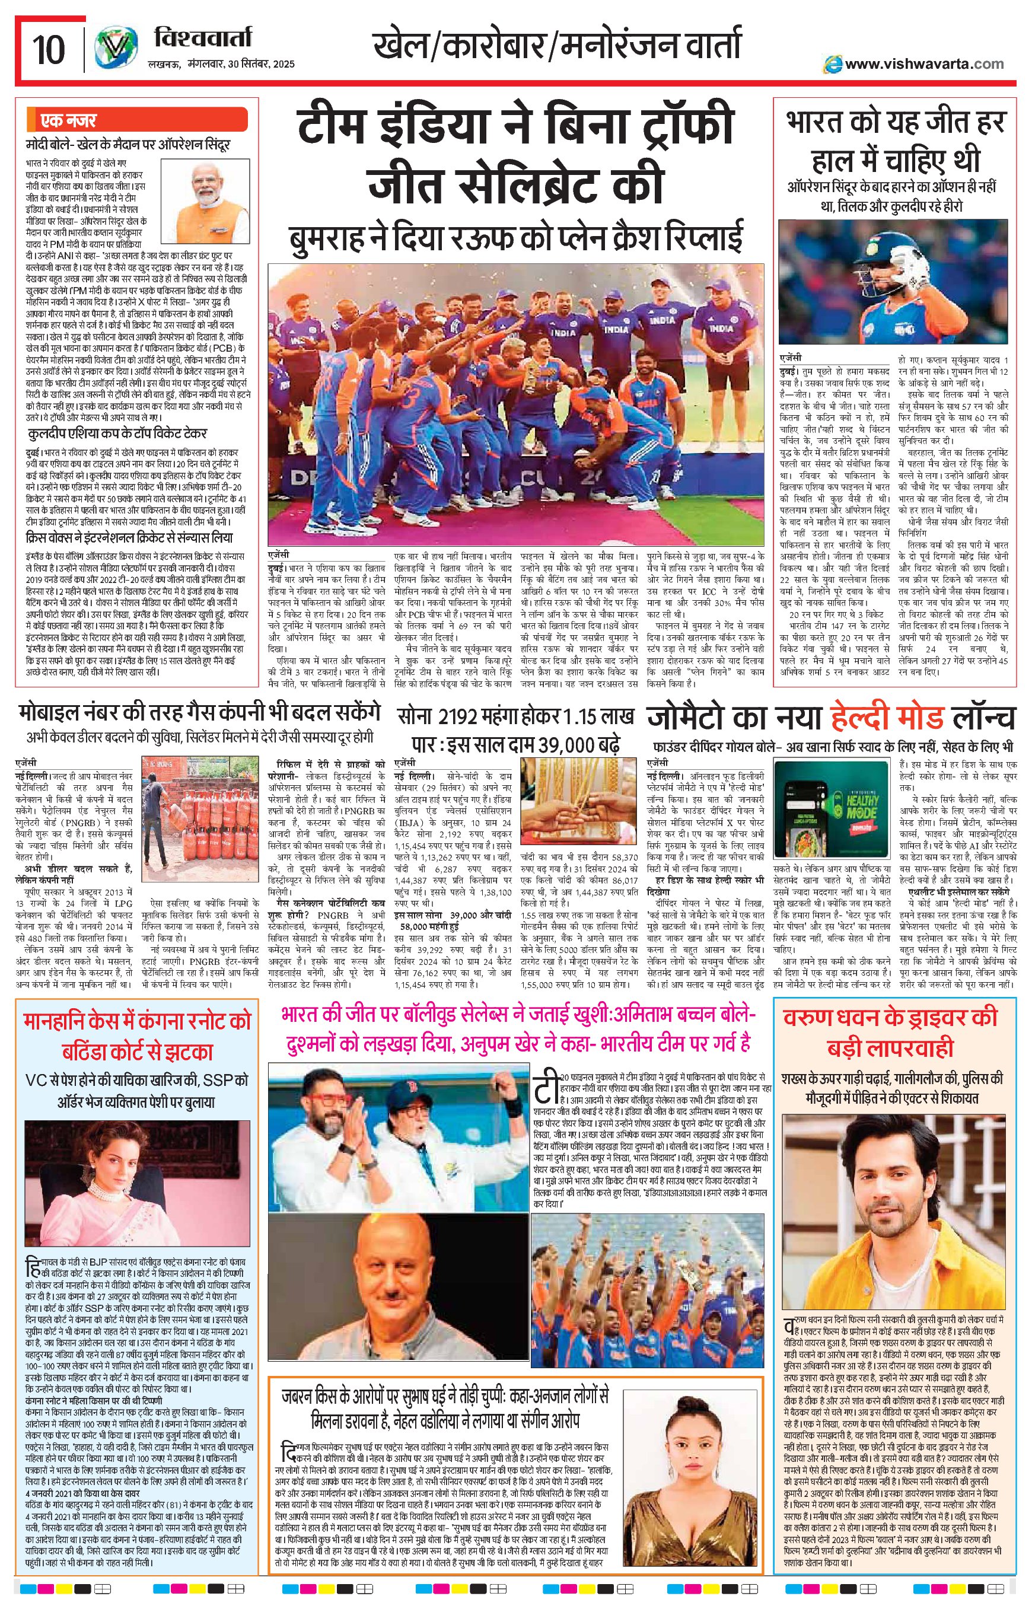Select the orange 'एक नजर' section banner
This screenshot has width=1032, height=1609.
click(138, 120)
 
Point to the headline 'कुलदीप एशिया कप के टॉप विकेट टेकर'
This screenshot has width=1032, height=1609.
click(117, 433)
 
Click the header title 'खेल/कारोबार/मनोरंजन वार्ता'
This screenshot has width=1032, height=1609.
click(557, 45)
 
